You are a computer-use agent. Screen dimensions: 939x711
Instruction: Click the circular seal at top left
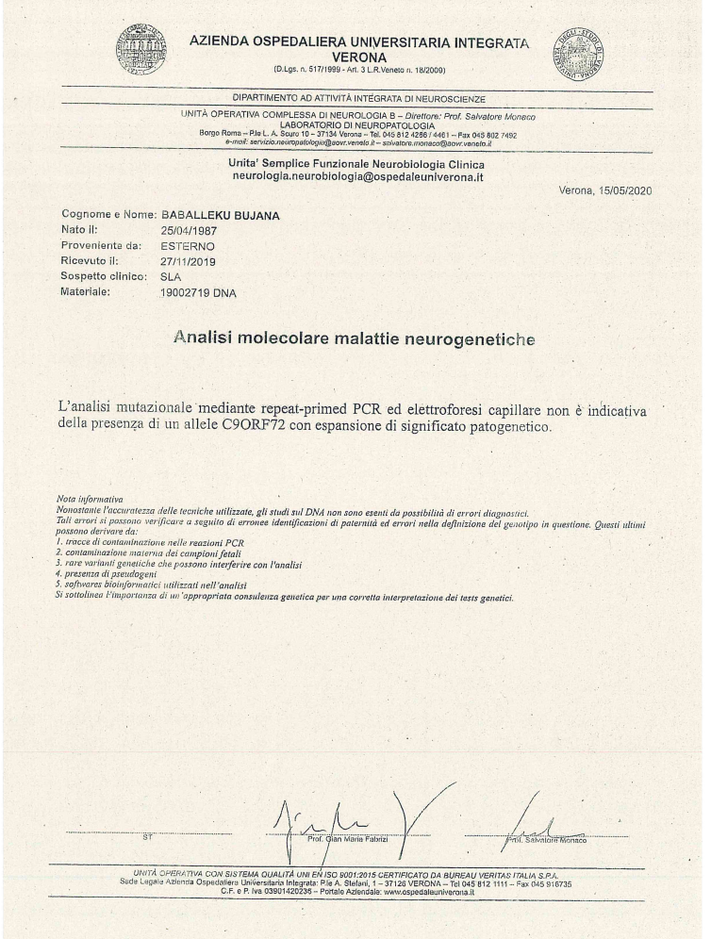140,48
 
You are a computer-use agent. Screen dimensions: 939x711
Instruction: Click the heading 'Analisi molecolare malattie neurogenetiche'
354,337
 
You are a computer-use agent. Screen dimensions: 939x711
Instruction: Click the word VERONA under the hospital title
361,57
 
